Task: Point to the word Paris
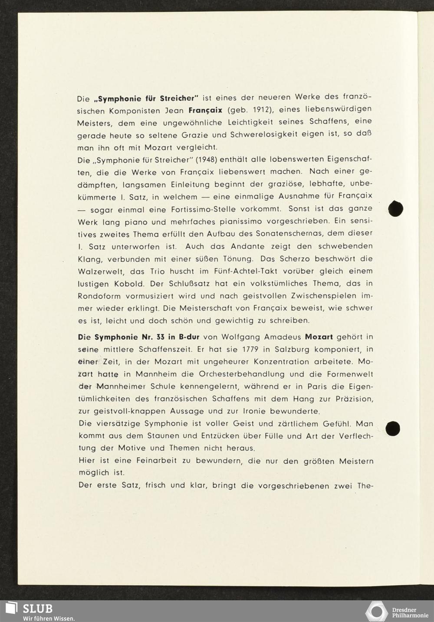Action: (317, 386)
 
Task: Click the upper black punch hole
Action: (396, 208)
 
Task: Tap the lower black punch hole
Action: (393, 428)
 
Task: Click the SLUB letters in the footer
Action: (37, 608)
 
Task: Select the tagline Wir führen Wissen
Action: (49, 618)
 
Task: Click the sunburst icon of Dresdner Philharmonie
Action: (376, 612)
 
